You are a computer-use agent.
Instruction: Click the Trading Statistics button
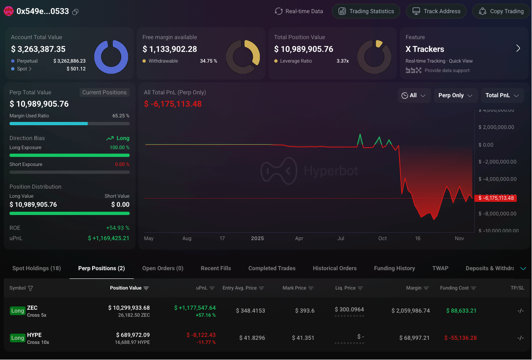[x=366, y=11]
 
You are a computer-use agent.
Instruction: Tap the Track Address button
[x=436, y=11]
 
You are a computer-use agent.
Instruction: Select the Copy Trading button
[x=501, y=11]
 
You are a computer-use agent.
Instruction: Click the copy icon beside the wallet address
[x=75, y=12]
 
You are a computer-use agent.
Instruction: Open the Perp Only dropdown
[x=455, y=95]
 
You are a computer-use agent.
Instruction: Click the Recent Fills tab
[x=216, y=268]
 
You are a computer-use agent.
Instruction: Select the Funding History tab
[x=394, y=268]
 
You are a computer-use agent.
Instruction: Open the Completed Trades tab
[x=272, y=268]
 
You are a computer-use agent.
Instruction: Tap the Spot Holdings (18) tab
[x=37, y=268]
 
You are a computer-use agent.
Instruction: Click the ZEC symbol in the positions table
[x=32, y=308]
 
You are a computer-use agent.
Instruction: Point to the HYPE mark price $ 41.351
[x=303, y=338]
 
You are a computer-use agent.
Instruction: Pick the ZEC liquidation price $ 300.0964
[x=349, y=309]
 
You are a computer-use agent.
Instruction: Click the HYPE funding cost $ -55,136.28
[x=460, y=338]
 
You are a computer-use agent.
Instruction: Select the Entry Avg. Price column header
[x=240, y=288]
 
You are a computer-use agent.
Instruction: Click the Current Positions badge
[x=104, y=92]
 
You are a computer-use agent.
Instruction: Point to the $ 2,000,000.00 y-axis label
[x=496, y=127]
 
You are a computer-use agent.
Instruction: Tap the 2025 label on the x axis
[x=257, y=238]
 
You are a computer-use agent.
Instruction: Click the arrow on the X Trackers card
[x=518, y=49]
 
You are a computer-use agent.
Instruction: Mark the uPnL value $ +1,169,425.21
[x=109, y=238]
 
